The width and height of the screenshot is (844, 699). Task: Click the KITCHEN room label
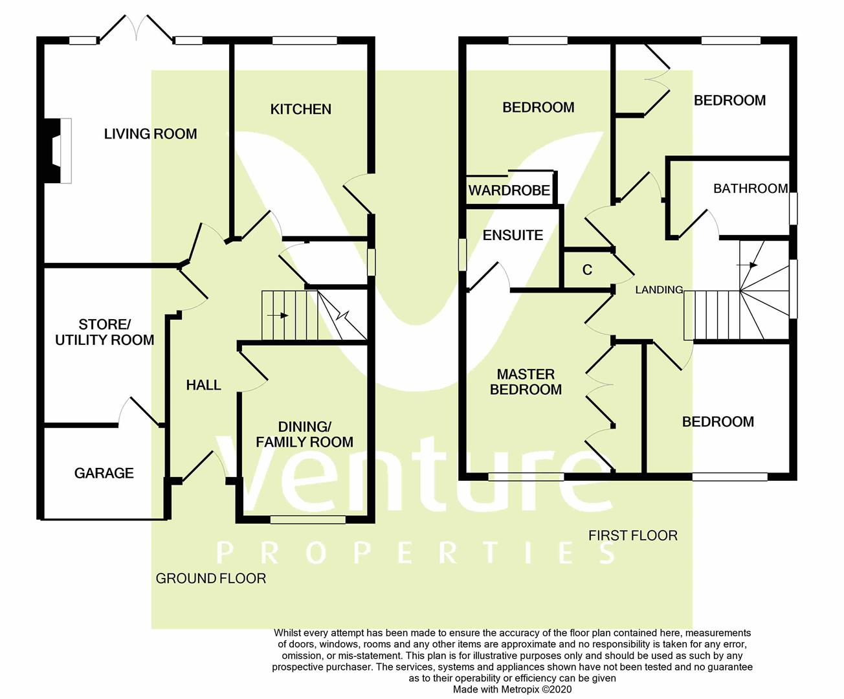[300, 109]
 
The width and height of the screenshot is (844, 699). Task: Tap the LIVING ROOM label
[150, 134]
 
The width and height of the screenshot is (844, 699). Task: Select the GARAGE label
[104, 473]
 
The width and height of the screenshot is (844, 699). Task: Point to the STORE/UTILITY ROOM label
[104, 332]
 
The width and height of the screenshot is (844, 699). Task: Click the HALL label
[203, 385]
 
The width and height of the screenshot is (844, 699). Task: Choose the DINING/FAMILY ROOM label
[304, 434]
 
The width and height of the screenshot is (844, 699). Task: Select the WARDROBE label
[509, 190]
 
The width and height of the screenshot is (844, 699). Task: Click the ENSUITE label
[513, 235]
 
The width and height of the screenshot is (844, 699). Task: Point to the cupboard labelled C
[587, 270]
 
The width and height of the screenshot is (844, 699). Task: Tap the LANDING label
[658, 290]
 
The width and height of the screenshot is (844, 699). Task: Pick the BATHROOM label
[750, 188]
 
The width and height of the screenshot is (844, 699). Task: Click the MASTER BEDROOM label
[526, 382]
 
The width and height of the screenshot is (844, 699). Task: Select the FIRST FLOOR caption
[632, 535]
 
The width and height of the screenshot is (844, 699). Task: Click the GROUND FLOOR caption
[211, 578]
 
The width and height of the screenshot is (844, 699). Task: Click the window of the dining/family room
[307, 519]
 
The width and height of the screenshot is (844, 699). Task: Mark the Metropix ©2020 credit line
[513, 689]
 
